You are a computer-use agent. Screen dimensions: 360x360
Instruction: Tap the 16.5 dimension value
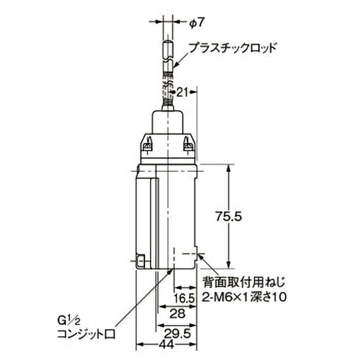coord(185,298)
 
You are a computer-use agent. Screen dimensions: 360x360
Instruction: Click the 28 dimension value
coord(178,314)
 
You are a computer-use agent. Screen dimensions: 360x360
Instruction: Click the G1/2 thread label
coord(66,321)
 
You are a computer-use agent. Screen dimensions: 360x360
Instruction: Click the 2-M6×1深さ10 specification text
coord(246,297)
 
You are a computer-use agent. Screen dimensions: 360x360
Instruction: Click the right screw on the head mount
coord(189,145)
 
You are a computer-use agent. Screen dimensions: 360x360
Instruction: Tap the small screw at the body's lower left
coord(140,261)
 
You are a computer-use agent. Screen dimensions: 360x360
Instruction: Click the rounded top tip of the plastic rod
coord(167,43)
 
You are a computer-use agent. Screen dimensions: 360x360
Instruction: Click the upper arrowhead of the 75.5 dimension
coord(229,168)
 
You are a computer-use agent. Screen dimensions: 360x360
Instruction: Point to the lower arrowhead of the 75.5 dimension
coord(229,265)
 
